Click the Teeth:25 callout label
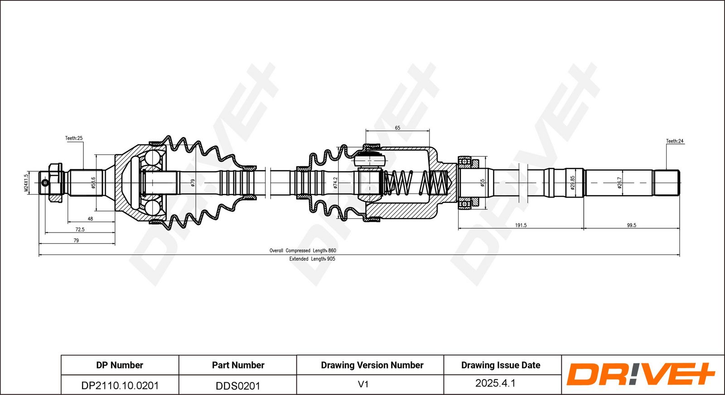pyautogui.click(x=74, y=138)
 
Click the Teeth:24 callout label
pyautogui.click(x=675, y=141)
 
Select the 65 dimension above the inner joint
pyautogui.click(x=397, y=128)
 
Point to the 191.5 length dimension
pyautogui.click(x=521, y=225)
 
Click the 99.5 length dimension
pyautogui.click(x=632, y=225)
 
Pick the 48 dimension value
pyautogui.click(x=90, y=219)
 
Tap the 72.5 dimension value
pyautogui.click(x=80, y=229)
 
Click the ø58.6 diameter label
pyautogui.click(x=93, y=183)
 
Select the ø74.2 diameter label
pyautogui.click(x=335, y=183)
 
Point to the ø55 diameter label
pyautogui.click(x=482, y=183)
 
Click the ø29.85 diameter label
pyautogui.click(x=573, y=183)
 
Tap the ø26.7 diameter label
pyautogui.click(x=619, y=183)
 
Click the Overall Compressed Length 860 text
pyautogui.click(x=303, y=250)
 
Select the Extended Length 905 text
pyautogui.click(x=312, y=259)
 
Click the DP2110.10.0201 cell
pyautogui.click(x=120, y=385)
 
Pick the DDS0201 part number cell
pyautogui.click(x=238, y=386)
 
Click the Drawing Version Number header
pyautogui.click(x=372, y=365)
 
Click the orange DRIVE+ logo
pyautogui.click(x=641, y=374)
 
